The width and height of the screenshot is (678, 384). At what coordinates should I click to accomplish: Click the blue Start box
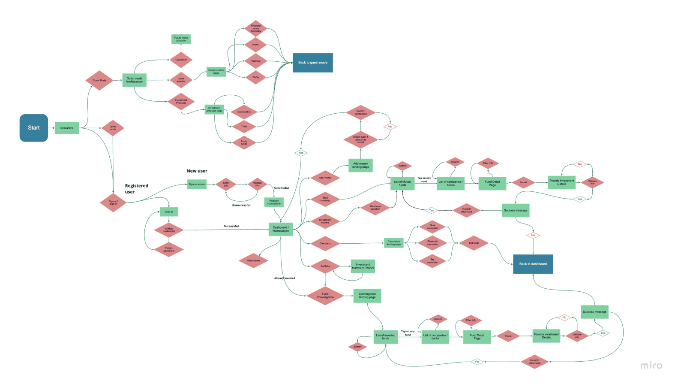click(34, 128)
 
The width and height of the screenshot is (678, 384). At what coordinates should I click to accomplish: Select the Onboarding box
click(67, 128)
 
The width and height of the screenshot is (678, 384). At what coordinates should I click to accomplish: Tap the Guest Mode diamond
click(99, 80)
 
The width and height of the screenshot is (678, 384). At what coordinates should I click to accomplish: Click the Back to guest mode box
click(313, 63)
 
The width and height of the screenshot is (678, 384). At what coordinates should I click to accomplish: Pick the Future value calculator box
click(181, 39)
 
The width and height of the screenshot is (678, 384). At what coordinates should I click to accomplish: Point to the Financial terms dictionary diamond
click(256, 28)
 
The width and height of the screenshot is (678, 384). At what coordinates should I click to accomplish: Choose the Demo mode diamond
click(113, 128)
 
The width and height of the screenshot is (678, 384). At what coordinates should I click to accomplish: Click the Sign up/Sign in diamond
click(113, 203)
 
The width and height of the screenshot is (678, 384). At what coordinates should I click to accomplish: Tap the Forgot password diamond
click(169, 249)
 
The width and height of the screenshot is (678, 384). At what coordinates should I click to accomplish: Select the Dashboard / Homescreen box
click(281, 229)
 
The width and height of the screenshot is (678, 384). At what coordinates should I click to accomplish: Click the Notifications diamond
click(253, 260)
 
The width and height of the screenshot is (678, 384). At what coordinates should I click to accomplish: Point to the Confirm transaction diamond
click(361, 113)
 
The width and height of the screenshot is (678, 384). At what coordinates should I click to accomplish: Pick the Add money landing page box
click(360, 165)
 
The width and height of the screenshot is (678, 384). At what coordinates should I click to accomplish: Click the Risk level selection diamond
click(375, 208)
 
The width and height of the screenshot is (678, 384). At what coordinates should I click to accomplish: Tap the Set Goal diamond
click(474, 243)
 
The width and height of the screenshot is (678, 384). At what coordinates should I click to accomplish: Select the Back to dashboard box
click(533, 264)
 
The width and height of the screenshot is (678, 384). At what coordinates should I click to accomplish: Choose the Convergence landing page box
click(367, 296)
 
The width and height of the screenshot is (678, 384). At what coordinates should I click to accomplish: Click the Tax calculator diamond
click(432, 260)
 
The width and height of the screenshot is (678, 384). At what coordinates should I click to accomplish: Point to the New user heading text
click(197, 171)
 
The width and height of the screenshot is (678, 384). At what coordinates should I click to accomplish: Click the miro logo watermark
click(651, 366)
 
